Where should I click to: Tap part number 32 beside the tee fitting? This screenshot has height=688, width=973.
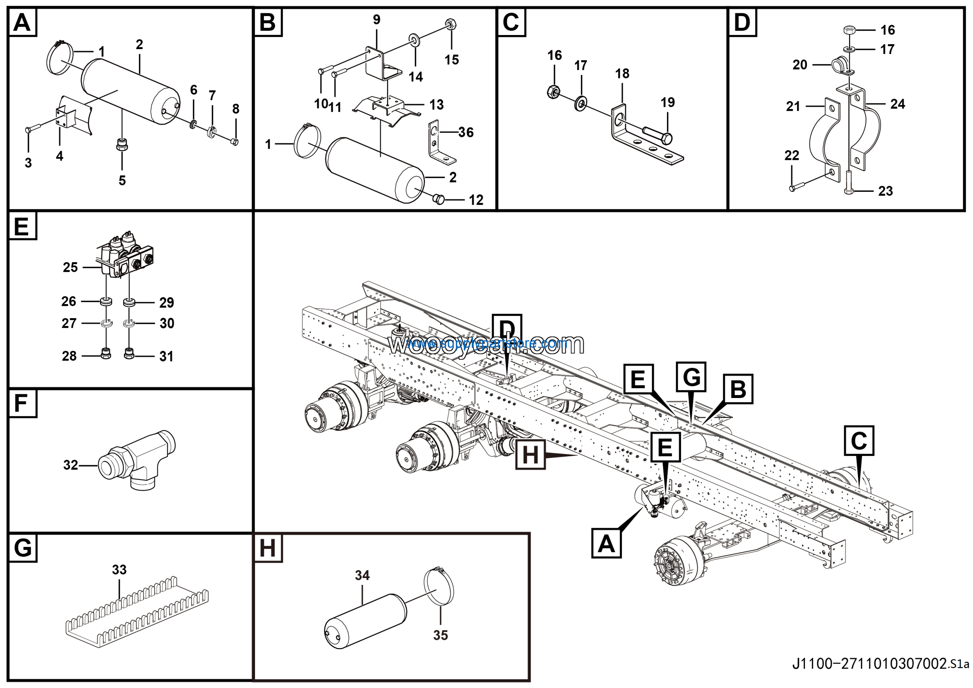pyautogui.click(x=71, y=465)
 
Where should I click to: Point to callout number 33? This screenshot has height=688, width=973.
pyautogui.click(x=119, y=570)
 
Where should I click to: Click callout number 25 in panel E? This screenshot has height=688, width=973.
pyautogui.click(x=70, y=267)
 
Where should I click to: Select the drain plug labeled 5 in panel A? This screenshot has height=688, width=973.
pyautogui.click(x=122, y=145)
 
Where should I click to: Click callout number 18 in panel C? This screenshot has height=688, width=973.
pyautogui.click(x=622, y=74)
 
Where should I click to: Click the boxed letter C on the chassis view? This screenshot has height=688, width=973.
pyautogui.click(x=859, y=441)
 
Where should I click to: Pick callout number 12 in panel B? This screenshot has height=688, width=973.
pyautogui.click(x=476, y=200)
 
